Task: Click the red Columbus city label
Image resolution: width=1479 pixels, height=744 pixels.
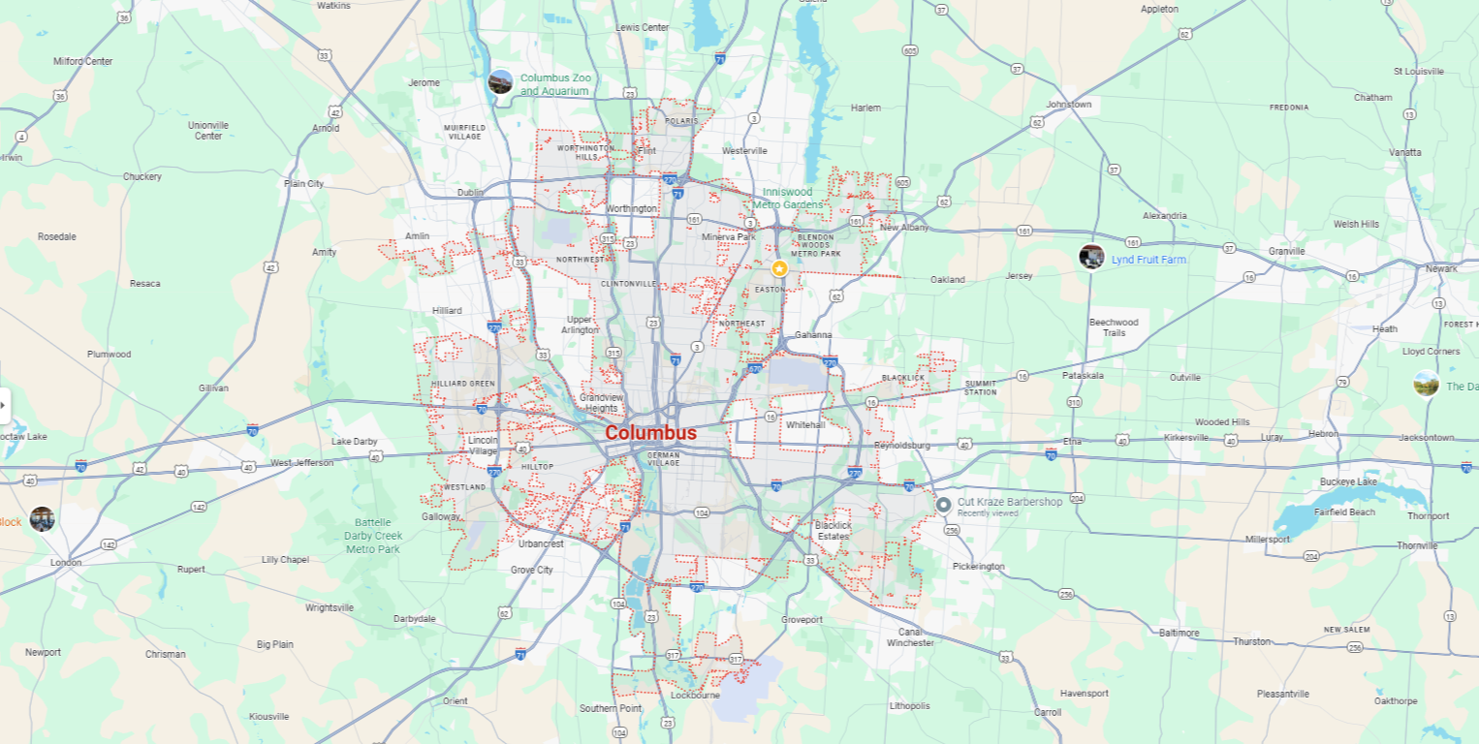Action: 649,433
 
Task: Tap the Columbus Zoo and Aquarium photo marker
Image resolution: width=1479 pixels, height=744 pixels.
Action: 500,82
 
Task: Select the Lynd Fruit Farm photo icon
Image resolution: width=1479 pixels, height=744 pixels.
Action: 1091,258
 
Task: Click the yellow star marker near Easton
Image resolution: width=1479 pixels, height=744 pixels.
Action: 779,268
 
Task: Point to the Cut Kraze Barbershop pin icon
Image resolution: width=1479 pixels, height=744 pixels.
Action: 943,505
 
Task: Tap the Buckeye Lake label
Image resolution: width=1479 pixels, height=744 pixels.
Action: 1346,481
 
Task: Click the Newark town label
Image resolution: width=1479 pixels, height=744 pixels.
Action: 1440,268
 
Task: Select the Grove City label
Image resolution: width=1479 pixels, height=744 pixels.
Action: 531,570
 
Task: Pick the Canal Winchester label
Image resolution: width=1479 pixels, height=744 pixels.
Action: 910,636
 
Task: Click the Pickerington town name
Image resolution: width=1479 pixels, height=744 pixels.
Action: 978,566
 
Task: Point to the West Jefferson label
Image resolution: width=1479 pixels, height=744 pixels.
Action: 301,463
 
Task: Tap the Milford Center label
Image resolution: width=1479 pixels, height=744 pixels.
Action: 82,61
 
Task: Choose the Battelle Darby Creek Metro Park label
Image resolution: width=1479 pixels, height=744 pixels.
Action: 373,536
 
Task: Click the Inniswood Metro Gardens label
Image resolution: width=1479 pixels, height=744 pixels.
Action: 792,199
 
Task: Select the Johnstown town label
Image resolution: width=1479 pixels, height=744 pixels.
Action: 1068,105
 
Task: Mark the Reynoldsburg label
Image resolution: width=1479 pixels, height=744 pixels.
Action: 901,446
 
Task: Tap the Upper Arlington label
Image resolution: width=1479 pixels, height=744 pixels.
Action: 580,325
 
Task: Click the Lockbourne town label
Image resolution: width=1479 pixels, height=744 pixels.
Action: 694,695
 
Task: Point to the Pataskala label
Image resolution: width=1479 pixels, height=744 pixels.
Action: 1083,375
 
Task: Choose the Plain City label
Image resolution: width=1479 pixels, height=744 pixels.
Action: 303,183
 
